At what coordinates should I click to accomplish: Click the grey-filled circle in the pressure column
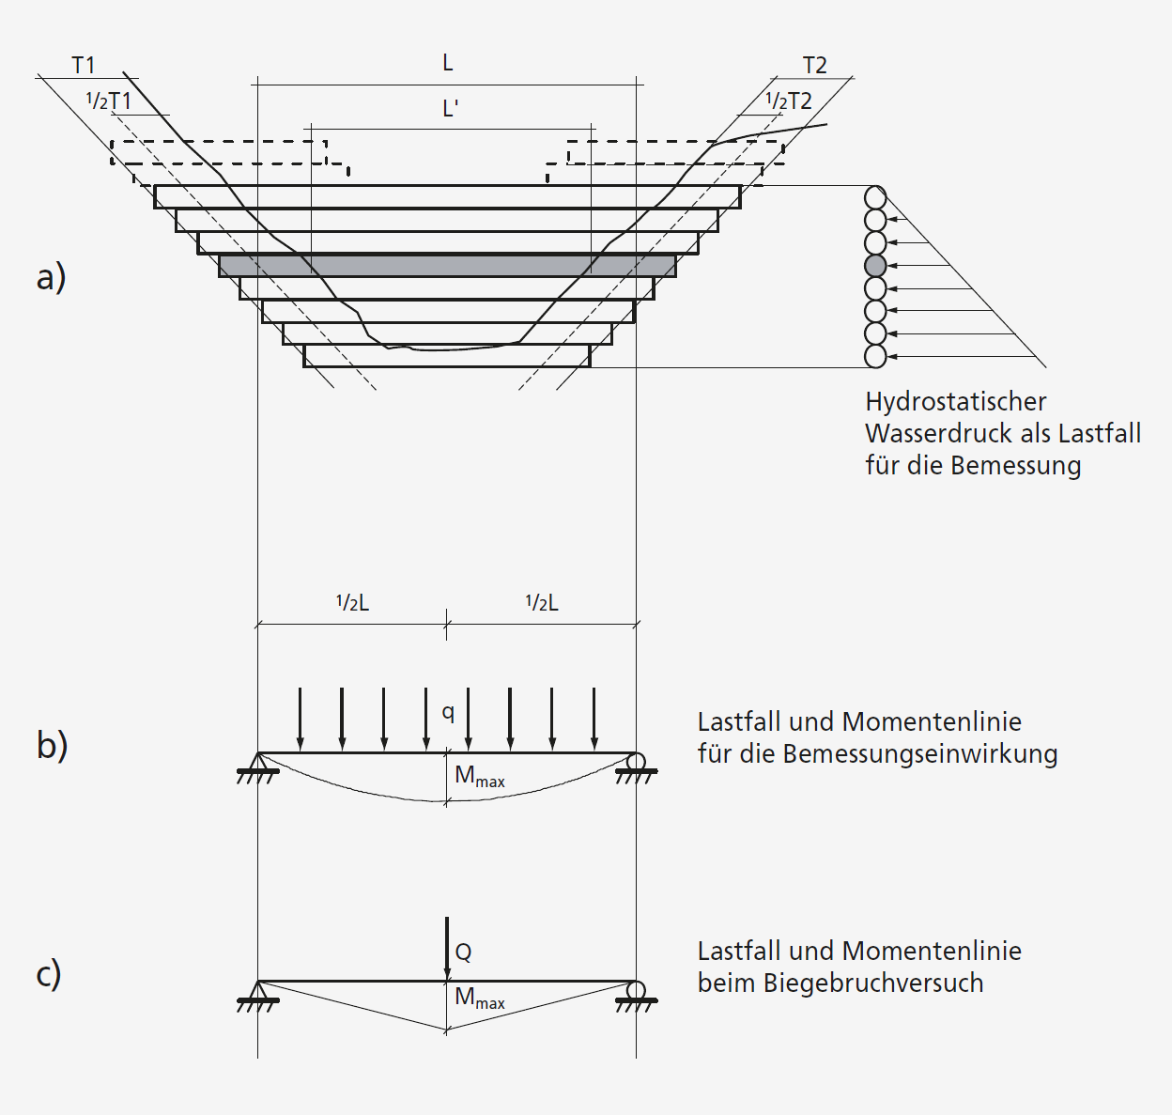click(875, 266)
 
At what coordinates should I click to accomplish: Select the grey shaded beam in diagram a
click(447, 266)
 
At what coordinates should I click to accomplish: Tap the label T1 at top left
click(84, 65)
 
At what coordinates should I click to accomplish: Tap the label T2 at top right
click(814, 65)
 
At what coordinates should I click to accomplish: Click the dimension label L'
click(450, 109)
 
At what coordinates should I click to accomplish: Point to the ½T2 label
click(788, 101)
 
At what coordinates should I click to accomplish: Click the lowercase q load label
click(448, 712)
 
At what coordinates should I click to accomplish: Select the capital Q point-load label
click(463, 952)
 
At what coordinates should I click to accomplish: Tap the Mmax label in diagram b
click(479, 776)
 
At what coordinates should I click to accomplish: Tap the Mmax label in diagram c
click(479, 998)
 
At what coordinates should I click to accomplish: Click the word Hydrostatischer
click(955, 402)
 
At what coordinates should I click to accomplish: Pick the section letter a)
click(51, 277)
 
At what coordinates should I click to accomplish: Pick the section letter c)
click(49, 973)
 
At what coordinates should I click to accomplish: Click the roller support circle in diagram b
click(635, 761)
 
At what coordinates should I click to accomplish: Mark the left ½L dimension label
click(352, 603)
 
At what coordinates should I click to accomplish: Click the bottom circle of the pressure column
click(875, 356)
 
